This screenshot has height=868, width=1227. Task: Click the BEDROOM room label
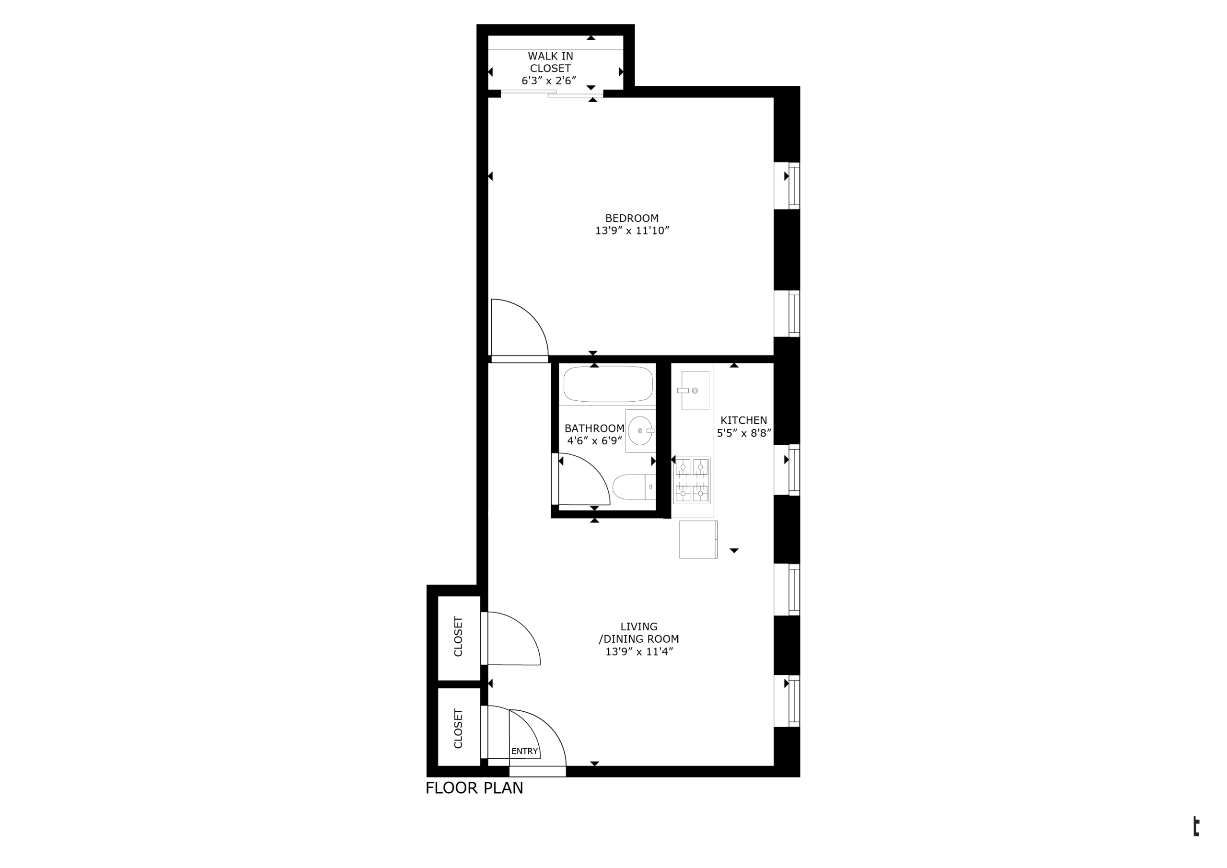[x=632, y=218]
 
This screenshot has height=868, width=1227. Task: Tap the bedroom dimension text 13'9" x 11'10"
[x=632, y=231]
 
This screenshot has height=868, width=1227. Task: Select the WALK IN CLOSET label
[x=550, y=62]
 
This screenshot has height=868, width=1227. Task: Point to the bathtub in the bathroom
[x=608, y=384]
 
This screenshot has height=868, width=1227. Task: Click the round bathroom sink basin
[x=640, y=431]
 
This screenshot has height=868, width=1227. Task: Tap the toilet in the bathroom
[x=634, y=487]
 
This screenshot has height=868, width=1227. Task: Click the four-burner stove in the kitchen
[x=692, y=481]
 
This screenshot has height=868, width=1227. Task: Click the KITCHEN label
[x=744, y=421]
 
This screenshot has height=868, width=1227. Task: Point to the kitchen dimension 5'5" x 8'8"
[x=744, y=433]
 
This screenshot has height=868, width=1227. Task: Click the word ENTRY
[x=524, y=752]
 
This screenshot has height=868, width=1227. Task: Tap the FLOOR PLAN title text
[x=475, y=788]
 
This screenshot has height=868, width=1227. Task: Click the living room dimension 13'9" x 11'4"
[x=639, y=652]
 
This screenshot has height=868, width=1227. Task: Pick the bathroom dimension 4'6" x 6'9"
[x=595, y=441]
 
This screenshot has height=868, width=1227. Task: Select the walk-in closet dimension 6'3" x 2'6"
[x=549, y=81]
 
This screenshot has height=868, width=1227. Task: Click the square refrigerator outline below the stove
[x=698, y=540]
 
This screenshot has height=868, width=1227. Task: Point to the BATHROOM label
[x=594, y=428]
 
